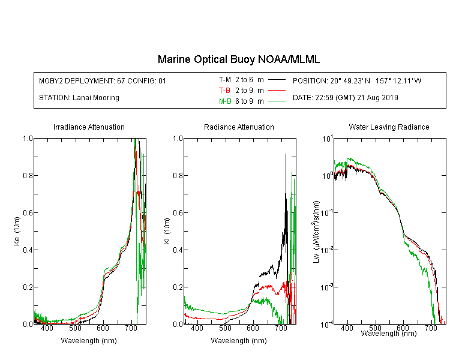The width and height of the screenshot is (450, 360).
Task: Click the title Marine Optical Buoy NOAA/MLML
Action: [238, 59]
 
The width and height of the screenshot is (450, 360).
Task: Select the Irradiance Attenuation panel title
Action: [89, 127]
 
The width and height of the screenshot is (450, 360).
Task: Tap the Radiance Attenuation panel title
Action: [239, 127]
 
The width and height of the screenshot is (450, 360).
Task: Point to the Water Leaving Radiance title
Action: [389, 127]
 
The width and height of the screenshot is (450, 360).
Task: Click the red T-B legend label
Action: [224, 91]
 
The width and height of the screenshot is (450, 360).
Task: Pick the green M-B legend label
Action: [225, 101]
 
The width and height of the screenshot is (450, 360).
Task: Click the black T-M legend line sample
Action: [277, 80]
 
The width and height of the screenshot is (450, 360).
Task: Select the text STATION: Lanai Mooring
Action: [79, 98]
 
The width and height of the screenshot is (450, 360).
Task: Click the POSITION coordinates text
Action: [357, 80]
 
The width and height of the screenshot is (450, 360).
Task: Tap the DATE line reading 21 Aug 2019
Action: [345, 98]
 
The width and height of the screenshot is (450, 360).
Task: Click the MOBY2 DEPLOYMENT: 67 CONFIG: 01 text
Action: [103, 80]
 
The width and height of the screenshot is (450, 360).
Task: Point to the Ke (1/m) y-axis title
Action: [17, 231]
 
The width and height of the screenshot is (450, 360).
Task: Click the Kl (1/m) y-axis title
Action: [167, 231]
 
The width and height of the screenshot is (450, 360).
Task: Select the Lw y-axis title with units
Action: [316, 232]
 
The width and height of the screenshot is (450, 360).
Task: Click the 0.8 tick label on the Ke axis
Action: [28, 175]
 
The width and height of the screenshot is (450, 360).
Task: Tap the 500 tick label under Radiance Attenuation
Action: [225, 328]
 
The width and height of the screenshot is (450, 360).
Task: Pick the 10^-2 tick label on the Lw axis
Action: [328, 250]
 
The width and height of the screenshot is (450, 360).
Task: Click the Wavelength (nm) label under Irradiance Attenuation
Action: [89, 341]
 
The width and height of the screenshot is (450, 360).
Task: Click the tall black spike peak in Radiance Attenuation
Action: [286, 154]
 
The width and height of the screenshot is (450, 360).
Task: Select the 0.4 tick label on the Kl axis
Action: [178, 250]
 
